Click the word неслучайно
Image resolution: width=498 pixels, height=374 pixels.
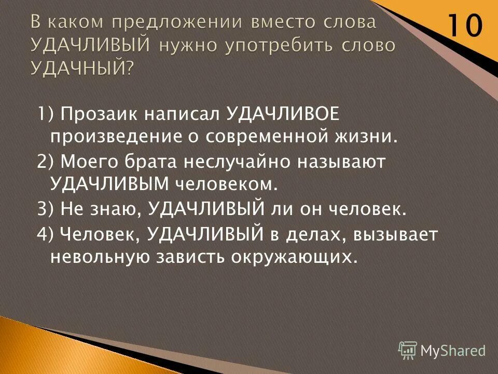coord(236,162)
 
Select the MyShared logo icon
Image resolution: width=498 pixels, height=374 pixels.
coord(407,350)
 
